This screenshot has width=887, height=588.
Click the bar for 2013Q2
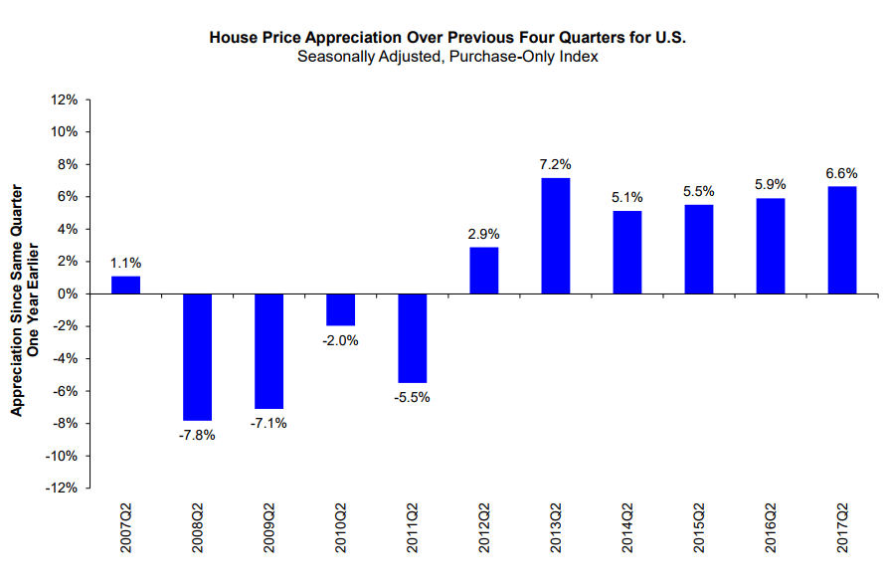point(556,236)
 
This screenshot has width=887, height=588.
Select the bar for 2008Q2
point(198,357)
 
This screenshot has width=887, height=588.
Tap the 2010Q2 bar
point(341,309)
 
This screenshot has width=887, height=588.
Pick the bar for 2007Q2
point(126,285)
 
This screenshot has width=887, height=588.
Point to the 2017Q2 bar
point(842,240)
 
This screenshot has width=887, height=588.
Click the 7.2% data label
point(556,164)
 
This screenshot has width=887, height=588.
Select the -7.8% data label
point(198,435)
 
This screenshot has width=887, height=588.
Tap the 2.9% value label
point(484,234)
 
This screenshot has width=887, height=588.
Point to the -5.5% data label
point(413,398)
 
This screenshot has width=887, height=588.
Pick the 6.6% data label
point(842,172)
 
